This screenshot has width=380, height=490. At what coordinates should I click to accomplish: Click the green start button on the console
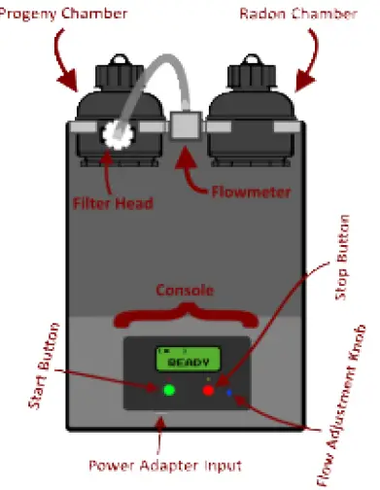(169, 391)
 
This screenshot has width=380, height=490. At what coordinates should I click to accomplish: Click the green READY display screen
(188, 359)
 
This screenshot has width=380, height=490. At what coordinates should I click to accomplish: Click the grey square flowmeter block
(183, 125)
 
